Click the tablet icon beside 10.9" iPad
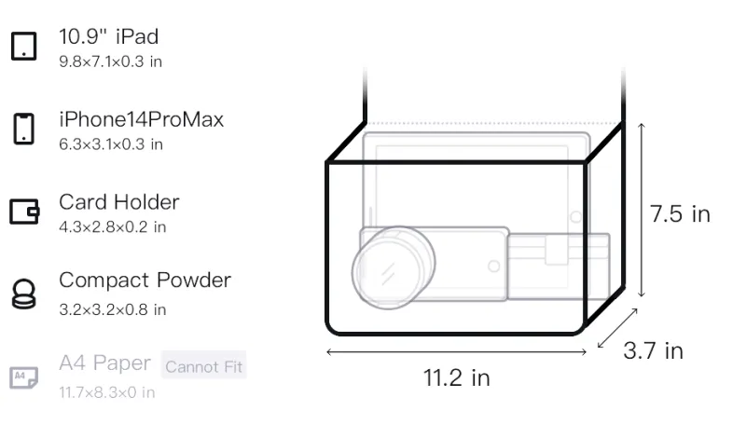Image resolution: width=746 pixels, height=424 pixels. pyautogui.click(x=24, y=46)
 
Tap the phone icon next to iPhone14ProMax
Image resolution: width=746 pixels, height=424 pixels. pyautogui.click(x=24, y=129)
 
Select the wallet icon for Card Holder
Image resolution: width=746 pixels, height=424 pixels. pyautogui.click(x=24, y=211)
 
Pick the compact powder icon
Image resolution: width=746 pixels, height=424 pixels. pyautogui.click(x=24, y=294)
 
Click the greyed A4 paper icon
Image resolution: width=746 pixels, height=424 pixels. pyautogui.click(x=24, y=377)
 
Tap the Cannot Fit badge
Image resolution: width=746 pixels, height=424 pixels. pyautogui.click(x=203, y=366)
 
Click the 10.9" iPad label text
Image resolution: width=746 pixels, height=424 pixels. pyautogui.click(x=108, y=36)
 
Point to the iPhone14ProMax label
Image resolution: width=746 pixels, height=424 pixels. pyautogui.click(x=142, y=119)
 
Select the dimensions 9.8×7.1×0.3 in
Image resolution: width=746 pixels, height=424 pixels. pyautogui.click(x=110, y=62)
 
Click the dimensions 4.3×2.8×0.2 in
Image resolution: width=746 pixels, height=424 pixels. pyautogui.click(x=112, y=227)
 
